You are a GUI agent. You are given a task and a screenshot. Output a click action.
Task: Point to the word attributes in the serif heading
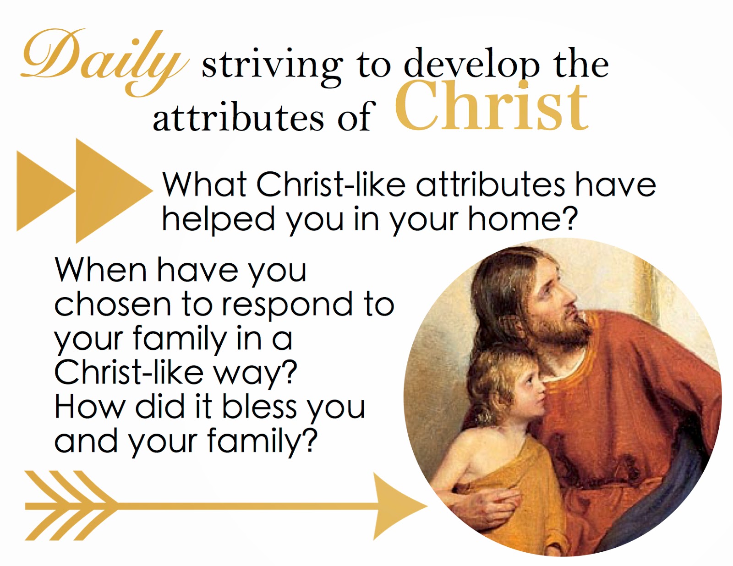click(238, 116)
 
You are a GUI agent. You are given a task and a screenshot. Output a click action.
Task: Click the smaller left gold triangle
click(46, 191)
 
